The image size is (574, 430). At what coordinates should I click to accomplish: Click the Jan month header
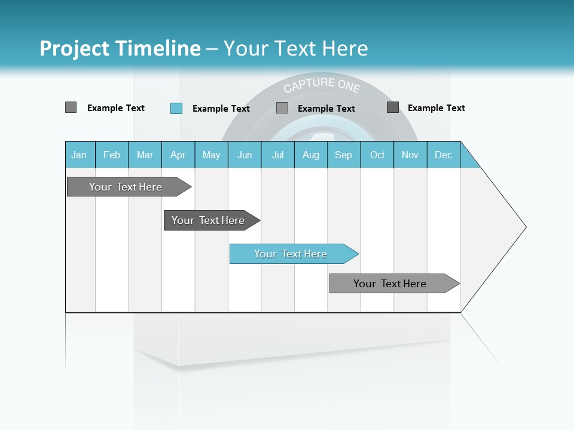click(x=79, y=155)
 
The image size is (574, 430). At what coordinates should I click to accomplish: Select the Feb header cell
click(x=112, y=155)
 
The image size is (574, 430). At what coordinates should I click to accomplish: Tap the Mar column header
click(x=145, y=155)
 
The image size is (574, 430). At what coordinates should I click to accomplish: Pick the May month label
click(x=211, y=155)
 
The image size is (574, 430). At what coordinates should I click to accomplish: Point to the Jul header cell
click(x=277, y=155)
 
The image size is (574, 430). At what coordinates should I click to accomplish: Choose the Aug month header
click(x=310, y=155)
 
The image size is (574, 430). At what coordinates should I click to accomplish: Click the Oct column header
click(x=377, y=155)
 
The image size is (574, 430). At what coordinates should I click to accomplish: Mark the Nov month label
click(x=410, y=155)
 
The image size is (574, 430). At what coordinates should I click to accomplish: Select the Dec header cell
click(x=443, y=155)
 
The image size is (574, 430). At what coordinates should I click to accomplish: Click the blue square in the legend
click(x=176, y=108)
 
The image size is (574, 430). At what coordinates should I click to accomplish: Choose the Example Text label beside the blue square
click(x=221, y=109)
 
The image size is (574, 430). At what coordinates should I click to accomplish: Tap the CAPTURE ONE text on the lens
click(x=322, y=85)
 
